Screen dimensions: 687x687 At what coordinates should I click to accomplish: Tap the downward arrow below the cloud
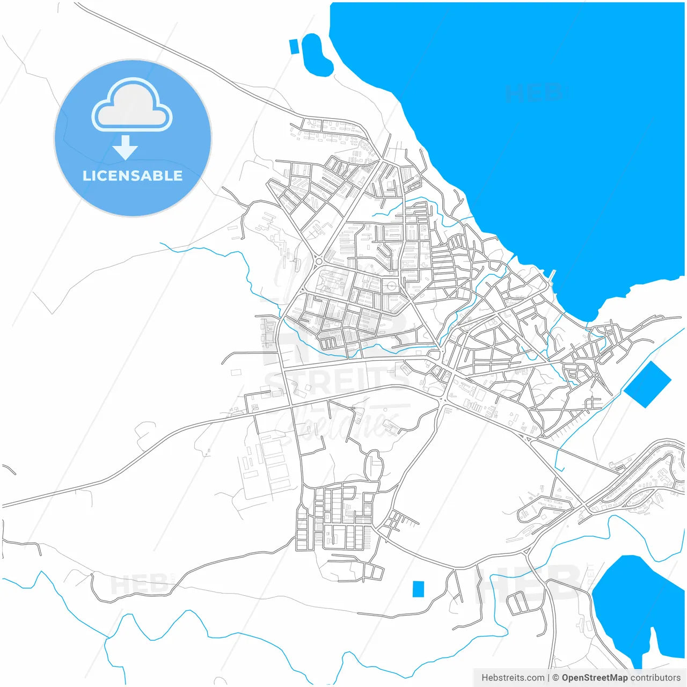(x=126, y=148)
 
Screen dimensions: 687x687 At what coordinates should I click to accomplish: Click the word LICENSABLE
(x=133, y=176)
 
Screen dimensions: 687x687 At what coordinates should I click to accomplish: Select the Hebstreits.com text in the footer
(x=513, y=678)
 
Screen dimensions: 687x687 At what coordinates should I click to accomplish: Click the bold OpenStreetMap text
(x=594, y=678)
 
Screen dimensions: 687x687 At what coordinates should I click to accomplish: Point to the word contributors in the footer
(x=655, y=678)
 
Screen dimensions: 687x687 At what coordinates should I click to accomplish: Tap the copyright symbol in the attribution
(x=556, y=678)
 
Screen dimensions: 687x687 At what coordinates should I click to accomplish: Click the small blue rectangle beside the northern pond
(x=294, y=46)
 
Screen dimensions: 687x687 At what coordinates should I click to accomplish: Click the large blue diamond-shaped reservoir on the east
(x=647, y=384)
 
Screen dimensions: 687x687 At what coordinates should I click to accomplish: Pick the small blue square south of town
(x=418, y=589)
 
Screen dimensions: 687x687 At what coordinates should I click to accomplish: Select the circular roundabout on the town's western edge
(x=319, y=261)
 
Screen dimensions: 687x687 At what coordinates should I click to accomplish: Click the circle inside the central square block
(x=391, y=286)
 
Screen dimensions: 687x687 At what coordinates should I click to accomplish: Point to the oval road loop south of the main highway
(x=374, y=465)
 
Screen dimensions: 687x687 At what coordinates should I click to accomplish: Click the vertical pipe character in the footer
(x=549, y=678)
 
